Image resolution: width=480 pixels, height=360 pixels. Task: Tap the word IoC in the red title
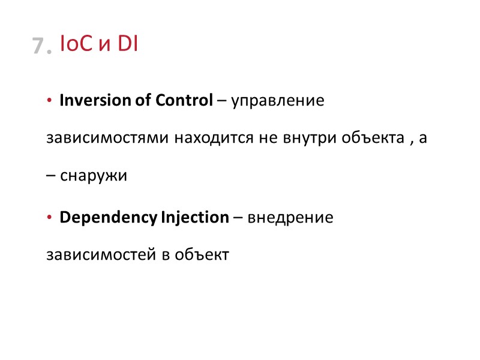tap(76, 44)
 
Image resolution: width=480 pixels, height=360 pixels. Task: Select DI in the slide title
tap(127, 44)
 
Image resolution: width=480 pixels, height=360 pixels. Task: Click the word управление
tap(277, 101)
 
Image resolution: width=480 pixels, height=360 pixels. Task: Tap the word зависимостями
tap(109, 139)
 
